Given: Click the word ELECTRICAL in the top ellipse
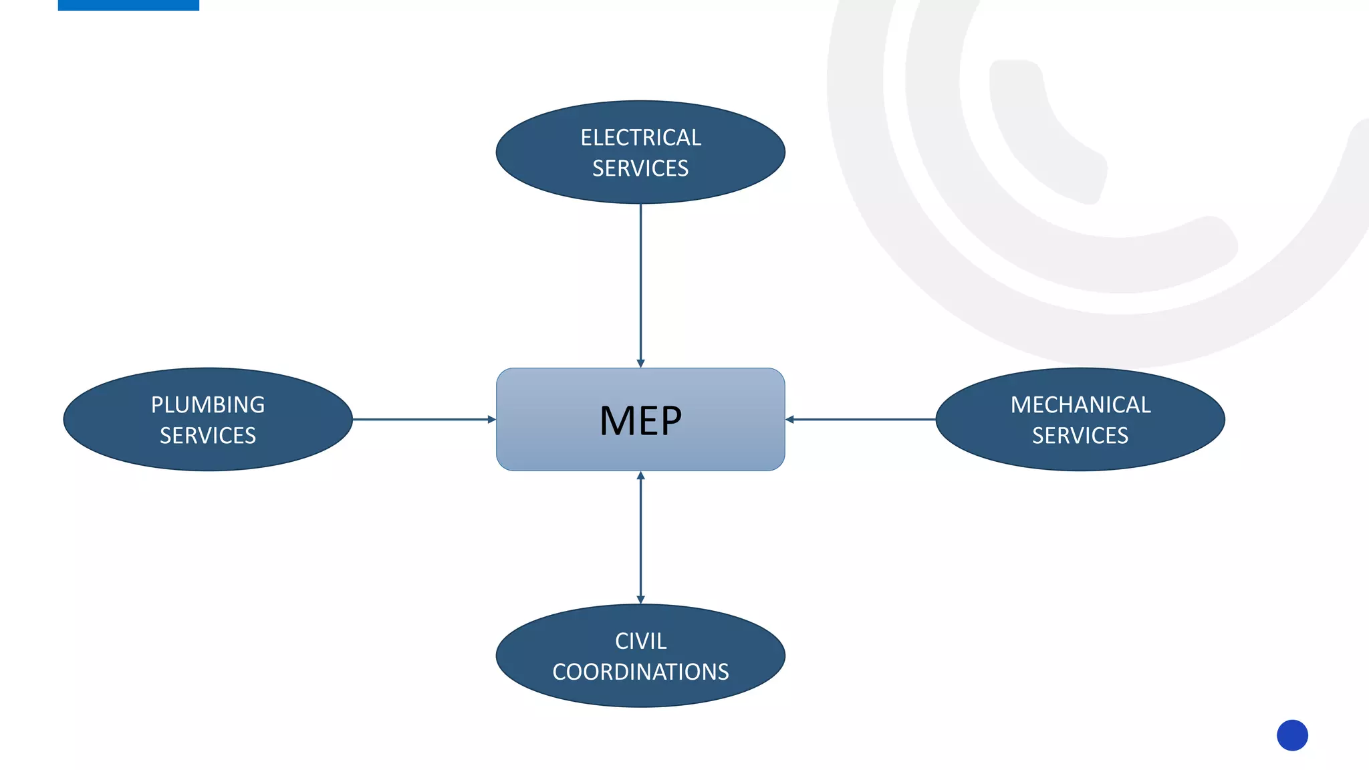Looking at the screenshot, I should coord(640,138).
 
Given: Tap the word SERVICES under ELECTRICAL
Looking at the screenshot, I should coord(640,168).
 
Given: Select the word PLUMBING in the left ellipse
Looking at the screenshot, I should coord(208,405).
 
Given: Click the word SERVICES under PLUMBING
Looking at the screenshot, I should coord(208,436).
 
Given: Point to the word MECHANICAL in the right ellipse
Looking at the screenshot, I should coord(1080,405).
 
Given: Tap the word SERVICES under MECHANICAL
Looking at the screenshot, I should coord(1080,436).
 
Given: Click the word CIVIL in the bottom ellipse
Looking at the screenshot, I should coord(640,641).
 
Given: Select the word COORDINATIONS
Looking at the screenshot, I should coord(640,672).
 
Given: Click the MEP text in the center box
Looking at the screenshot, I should coord(640,421).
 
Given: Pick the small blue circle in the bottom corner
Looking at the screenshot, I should coord(1292,735).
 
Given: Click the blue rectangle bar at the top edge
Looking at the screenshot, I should coord(128,5).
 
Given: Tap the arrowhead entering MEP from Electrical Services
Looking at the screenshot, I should coord(640,363).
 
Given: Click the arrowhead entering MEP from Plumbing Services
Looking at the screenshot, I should coord(491,420).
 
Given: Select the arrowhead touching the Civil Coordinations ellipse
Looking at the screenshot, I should coord(640,600).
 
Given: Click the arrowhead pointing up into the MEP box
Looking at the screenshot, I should coord(640,476).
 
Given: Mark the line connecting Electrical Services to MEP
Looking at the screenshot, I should coord(640,281).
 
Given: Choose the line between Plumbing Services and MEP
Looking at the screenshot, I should coord(421,420).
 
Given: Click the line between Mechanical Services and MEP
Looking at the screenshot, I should coord(862,420).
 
